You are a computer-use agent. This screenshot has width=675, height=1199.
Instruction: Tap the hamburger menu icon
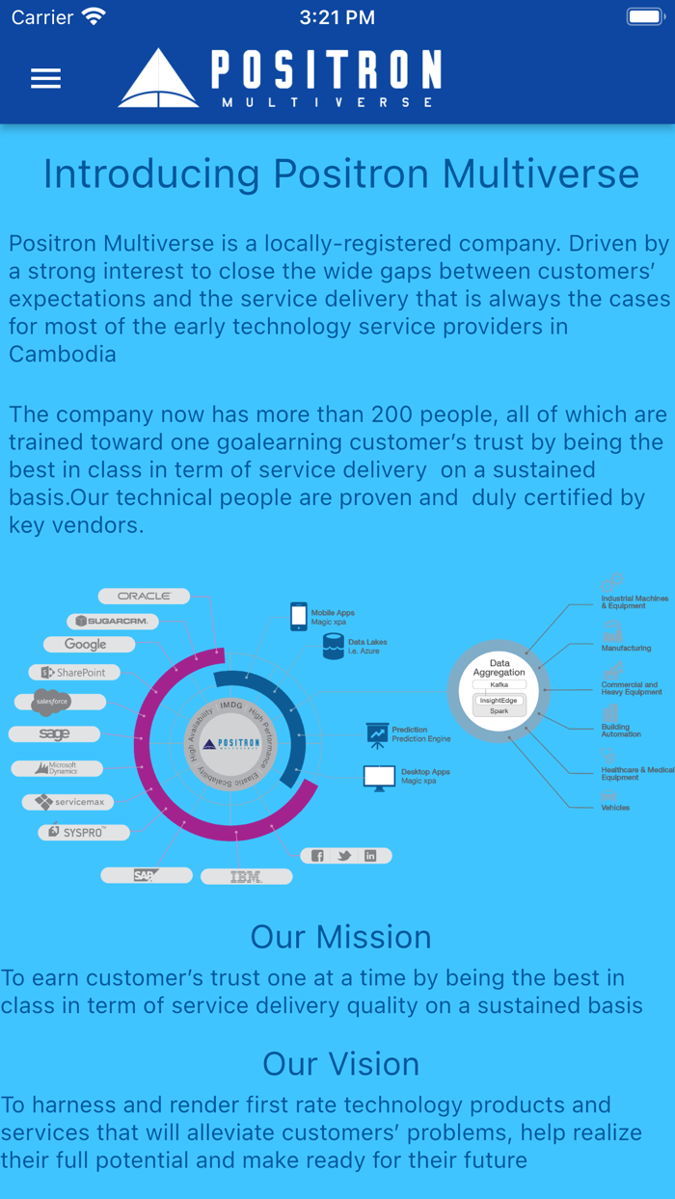click(45, 78)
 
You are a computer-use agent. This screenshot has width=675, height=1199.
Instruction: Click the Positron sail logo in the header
click(158, 78)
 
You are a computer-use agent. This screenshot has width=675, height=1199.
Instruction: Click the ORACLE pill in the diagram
click(144, 596)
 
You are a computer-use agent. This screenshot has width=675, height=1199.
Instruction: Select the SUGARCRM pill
click(112, 621)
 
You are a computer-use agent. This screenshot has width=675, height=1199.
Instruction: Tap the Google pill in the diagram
click(87, 644)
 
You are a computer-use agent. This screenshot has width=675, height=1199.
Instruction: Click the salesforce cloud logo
click(52, 703)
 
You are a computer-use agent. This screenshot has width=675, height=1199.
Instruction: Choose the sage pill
click(54, 733)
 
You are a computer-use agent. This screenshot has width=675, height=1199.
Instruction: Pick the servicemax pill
click(69, 801)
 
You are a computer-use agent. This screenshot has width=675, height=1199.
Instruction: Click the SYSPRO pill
click(83, 831)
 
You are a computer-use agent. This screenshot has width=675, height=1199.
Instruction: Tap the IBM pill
click(246, 876)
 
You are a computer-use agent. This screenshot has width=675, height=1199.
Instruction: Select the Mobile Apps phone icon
click(299, 617)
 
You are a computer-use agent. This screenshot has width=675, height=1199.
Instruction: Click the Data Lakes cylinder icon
click(334, 646)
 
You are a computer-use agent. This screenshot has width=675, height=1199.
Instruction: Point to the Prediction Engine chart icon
click(377, 734)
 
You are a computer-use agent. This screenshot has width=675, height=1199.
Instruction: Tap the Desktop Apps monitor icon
click(379, 776)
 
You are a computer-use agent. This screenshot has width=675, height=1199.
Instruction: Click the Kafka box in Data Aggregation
click(499, 684)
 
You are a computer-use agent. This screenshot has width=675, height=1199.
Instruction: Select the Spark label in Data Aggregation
click(499, 710)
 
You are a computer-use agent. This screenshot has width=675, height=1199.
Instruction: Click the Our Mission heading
click(340, 937)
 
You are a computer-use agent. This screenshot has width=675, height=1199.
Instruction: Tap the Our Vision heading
click(340, 1063)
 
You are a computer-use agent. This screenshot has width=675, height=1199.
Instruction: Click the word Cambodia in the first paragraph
click(63, 354)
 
